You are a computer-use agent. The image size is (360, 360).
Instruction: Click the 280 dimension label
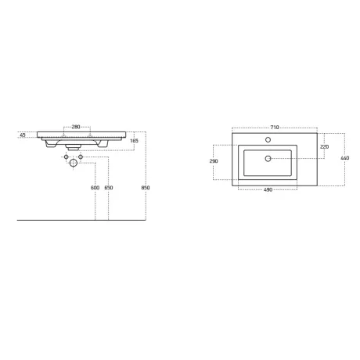(76, 127)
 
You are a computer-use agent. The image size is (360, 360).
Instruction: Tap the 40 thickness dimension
(23, 135)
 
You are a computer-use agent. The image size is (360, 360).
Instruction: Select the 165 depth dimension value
(134, 141)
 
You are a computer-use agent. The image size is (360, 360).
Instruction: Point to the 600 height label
(95, 188)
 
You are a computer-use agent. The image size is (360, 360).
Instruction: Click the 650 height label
(109, 188)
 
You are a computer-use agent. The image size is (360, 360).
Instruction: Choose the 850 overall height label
(146, 188)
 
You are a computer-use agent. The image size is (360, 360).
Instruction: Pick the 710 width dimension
(275, 128)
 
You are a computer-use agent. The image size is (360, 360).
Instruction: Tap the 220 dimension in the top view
(324, 147)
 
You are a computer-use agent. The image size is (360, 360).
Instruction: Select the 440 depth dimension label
(345, 158)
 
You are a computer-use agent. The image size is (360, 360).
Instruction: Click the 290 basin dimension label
(214, 161)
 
